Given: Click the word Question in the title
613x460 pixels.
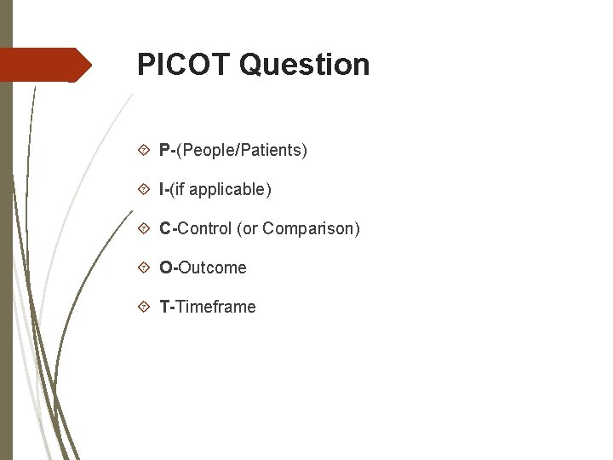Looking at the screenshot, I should pyautogui.click(x=304, y=65).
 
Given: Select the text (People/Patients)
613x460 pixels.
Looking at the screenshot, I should pyautogui.click(x=242, y=151).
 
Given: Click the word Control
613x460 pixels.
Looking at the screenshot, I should pyautogui.click(x=204, y=229).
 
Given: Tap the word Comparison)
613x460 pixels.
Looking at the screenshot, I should pyautogui.click(x=312, y=229).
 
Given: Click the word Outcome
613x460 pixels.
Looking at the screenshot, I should pyautogui.click(x=213, y=268).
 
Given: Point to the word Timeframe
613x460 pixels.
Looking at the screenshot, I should pyautogui.click(x=215, y=308).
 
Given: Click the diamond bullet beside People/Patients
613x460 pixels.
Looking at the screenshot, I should pyautogui.click(x=144, y=151).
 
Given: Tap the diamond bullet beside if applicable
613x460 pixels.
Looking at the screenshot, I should pyautogui.click(x=144, y=190).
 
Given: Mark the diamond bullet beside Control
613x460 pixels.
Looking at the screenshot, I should pyautogui.click(x=144, y=229).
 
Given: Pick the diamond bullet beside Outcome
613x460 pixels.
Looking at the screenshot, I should pyautogui.click(x=144, y=268).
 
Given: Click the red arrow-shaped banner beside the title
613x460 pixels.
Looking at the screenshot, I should pyautogui.click(x=47, y=65).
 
